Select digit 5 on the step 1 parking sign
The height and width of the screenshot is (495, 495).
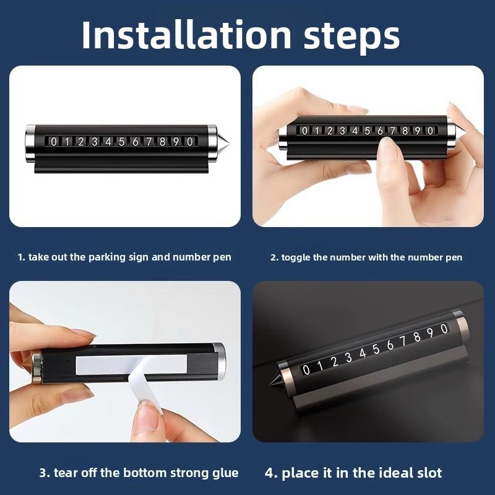(x=121, y=142)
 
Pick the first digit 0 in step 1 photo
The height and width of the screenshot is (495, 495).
(x=54, y=142)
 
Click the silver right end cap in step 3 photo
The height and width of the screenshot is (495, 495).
(x=218, y=361)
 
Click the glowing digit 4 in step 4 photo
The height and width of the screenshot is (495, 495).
(x=362, y=353)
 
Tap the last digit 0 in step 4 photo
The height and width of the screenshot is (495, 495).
(x=443, y=328)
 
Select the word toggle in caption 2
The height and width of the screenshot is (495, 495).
(x=296, y=257)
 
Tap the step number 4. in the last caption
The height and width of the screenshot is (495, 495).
(x=271, y=473)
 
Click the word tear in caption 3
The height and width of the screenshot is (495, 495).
(x=66, y=473)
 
